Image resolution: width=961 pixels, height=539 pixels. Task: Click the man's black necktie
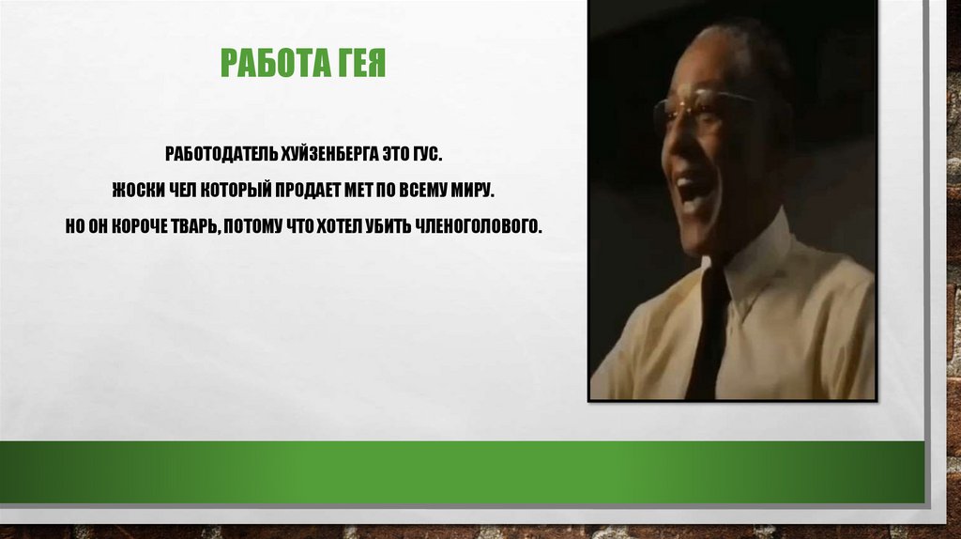708,329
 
